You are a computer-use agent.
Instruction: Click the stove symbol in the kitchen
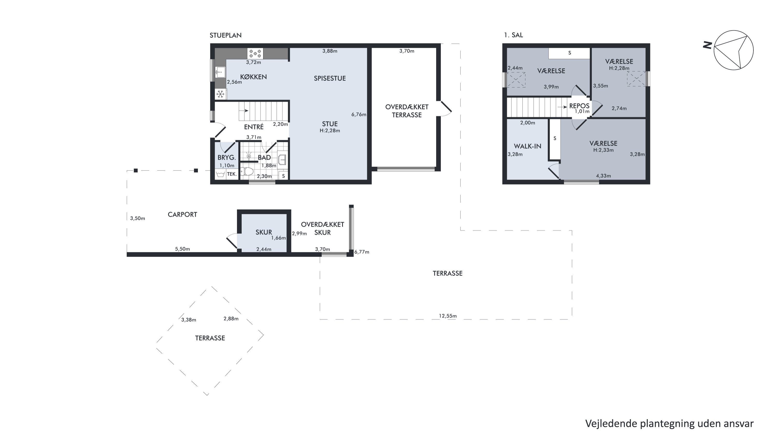click(x=255, y=54)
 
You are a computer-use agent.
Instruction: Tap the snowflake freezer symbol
click(x=220, y=94)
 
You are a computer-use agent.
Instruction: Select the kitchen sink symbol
click(x=220, y=72)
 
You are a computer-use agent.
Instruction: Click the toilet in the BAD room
click(x=247, y=171)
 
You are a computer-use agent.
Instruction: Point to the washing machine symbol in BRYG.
click(x=220, y=174)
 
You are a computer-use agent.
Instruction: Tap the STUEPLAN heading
click(x=226, y=35)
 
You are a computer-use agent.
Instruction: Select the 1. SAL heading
click(x=513, y=35)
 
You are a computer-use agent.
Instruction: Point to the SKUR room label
click(x=264, y=232)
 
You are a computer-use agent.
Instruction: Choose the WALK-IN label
click(x=528, y=146)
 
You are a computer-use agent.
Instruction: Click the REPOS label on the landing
click(x=579, y=106)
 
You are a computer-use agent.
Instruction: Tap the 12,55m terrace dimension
click(x=448, y=316)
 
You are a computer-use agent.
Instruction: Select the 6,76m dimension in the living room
click(x=359, y=114)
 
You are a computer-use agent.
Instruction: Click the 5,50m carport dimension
click(x=183, y=249)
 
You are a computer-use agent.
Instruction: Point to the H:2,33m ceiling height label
click(x=603, y=150)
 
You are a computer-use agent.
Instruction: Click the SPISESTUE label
click(x=330, y=78)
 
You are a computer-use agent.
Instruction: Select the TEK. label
click(x=232, y=174)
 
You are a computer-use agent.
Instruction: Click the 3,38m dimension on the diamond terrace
click(x=189, y=320)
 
